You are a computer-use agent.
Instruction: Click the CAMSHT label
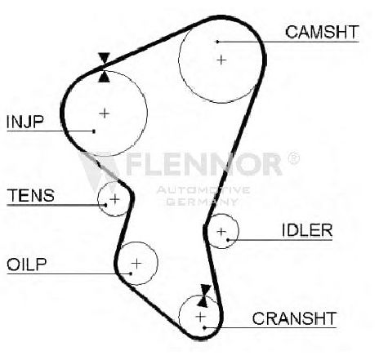(x=322, y=32)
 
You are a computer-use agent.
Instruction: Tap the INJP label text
(x=25, y=122)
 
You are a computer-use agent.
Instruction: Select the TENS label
(x=30, y=195)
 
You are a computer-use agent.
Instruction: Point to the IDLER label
(x=307, y=230)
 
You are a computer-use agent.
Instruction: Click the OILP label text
(x=27, y=264)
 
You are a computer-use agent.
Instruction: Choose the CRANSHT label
(x=294, y=318)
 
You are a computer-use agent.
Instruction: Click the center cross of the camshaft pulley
(x=221, y=60)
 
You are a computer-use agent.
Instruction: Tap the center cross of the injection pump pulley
(x=105, y=113)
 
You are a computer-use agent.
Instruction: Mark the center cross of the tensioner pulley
(x=115, y=199)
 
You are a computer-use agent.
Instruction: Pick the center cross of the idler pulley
(x=221, y=232)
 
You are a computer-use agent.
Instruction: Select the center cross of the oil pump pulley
(x=136, y=263)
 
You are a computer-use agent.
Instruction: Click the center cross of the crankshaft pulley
(x=201, y=317)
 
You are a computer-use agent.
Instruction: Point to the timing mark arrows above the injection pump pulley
(x=105, y=67)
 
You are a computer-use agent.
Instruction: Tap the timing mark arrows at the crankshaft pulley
(x=204, y=296)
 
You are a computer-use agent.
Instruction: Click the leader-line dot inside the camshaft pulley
(x=217, y=42)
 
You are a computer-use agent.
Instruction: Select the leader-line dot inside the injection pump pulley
(x=94, y=131)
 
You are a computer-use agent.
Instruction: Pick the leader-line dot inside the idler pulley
(x=228, y=240)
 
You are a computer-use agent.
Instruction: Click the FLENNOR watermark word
(x=203, y=164)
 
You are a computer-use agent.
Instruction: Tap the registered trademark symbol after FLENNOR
(x=293, y=158)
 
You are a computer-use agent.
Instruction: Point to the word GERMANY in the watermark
(x=202, y=202)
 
